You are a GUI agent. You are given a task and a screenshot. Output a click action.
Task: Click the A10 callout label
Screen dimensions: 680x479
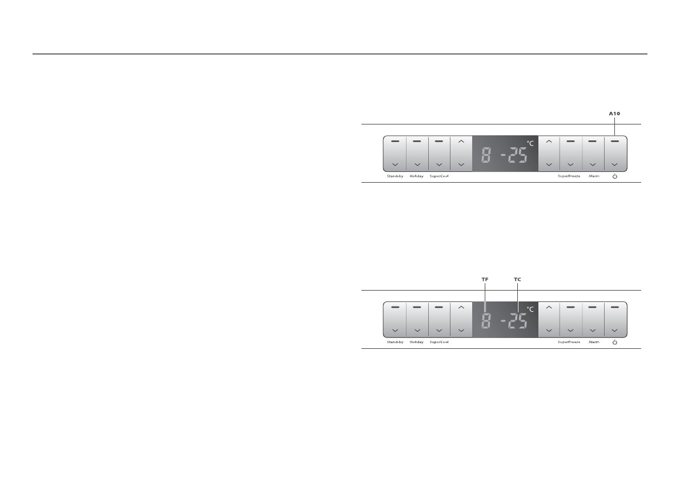coord(614,114)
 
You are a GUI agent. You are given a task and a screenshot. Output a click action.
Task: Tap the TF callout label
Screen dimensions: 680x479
coord(485,280)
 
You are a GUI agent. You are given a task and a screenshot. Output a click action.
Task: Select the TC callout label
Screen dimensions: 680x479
coord(517,280)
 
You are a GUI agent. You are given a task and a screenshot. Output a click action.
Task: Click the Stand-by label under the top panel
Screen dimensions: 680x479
coord(395,176)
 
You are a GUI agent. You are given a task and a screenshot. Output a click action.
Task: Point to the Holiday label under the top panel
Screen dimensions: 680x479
coord(416,176)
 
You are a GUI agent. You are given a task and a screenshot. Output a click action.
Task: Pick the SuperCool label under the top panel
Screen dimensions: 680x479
coord(439,176)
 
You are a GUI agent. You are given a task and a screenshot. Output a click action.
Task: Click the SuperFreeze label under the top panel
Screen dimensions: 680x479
coord(569,176)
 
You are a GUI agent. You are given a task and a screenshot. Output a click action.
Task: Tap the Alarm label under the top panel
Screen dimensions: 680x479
coord(594,176)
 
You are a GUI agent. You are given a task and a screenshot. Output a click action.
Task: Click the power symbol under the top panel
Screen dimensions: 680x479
coord(614,176)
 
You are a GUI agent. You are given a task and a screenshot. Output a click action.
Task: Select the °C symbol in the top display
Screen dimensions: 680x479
coord(530,143)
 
